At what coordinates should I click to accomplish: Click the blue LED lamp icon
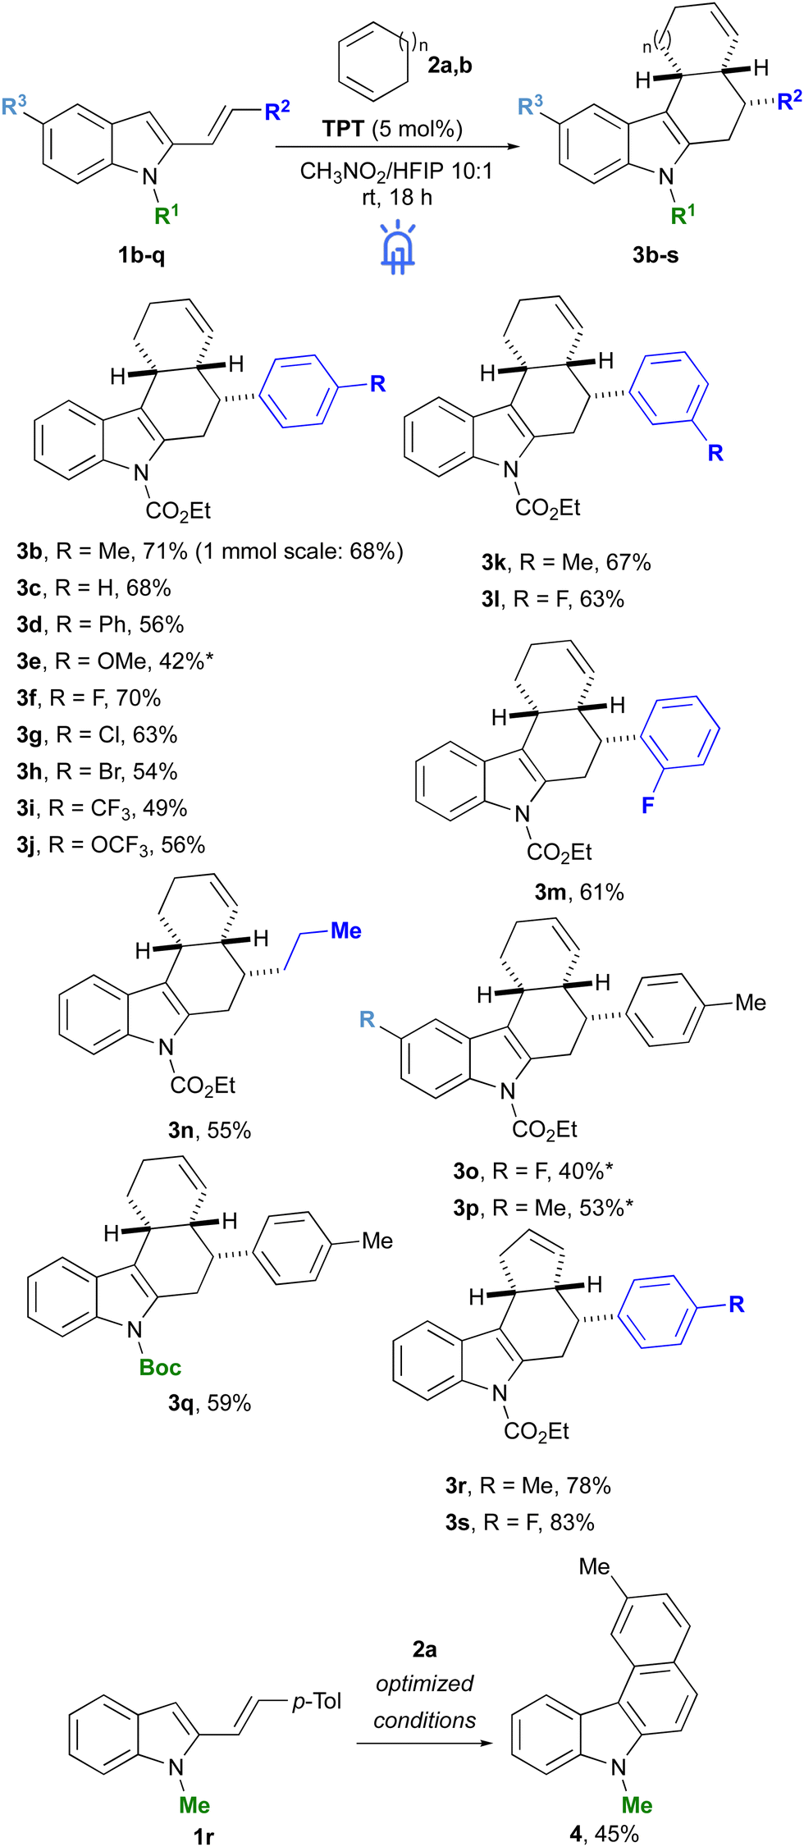(x=398, y=245)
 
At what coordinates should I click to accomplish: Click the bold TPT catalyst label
(x=343, y=129)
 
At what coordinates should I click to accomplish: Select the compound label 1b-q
(x=141, y=255)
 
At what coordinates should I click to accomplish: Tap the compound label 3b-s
(x=656, y=255)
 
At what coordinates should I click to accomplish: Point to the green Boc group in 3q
(x=160, y=1367)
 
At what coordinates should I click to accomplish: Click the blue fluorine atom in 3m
(x=648, y=805)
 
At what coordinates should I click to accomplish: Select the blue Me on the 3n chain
(x=346, y=930)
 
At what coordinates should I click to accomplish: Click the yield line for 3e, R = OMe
(x=115, y=661)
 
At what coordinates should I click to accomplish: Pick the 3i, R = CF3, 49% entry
(x=102, y=809)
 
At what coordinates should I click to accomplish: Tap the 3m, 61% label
(x=579, y=892)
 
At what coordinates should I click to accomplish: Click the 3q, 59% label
(x=209, y=1403)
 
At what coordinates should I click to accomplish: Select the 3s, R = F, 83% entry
(x=520, y=1522)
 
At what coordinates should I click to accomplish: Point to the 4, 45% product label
(x=604, y=1834)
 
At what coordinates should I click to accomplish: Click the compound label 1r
(x=203, y=1836)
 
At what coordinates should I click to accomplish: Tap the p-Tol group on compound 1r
(x=317, y=1701)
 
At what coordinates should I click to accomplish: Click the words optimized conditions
(x=424, y=1702)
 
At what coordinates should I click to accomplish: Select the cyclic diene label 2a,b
(x=450, y=65)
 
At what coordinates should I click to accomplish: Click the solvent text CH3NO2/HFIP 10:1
(x=396, y=171)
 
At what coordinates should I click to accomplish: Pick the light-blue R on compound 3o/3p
(x=368, y=1019)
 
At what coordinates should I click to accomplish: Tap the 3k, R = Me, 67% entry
(x=566, y=562)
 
